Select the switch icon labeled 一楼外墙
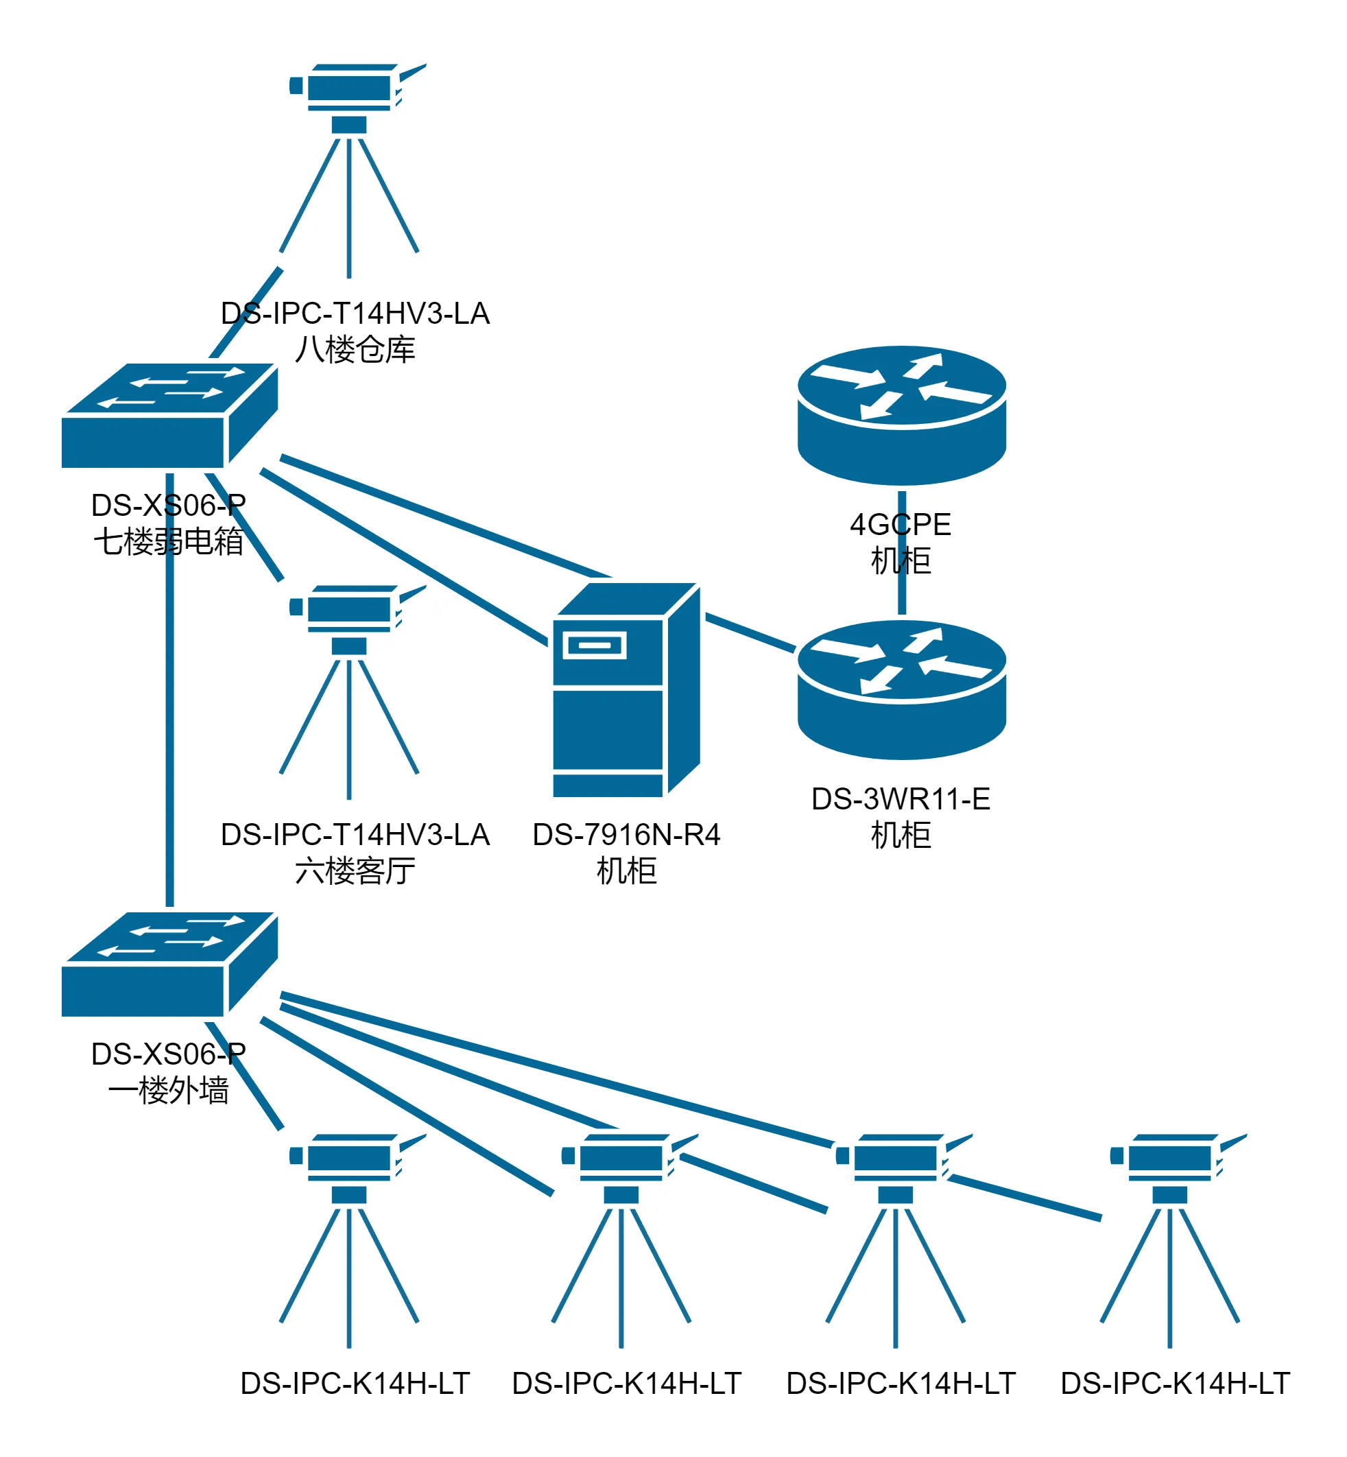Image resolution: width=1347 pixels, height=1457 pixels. (169, 965)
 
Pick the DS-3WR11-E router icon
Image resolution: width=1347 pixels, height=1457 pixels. (902, 689)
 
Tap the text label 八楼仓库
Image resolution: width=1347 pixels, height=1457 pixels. (355, 350)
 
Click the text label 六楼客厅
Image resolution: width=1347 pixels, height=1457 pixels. (355, 871)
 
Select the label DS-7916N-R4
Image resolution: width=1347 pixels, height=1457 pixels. (626, 835)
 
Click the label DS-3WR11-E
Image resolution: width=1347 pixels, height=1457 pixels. (901, 799)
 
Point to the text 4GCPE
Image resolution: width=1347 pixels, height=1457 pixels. (901, 525)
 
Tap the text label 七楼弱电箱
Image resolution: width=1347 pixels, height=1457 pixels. (169, 541)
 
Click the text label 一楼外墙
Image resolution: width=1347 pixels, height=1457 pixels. (169, 1091)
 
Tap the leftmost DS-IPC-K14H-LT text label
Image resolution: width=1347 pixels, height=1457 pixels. (355, 1384)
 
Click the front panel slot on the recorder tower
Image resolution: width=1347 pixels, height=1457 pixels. (594, 645)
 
